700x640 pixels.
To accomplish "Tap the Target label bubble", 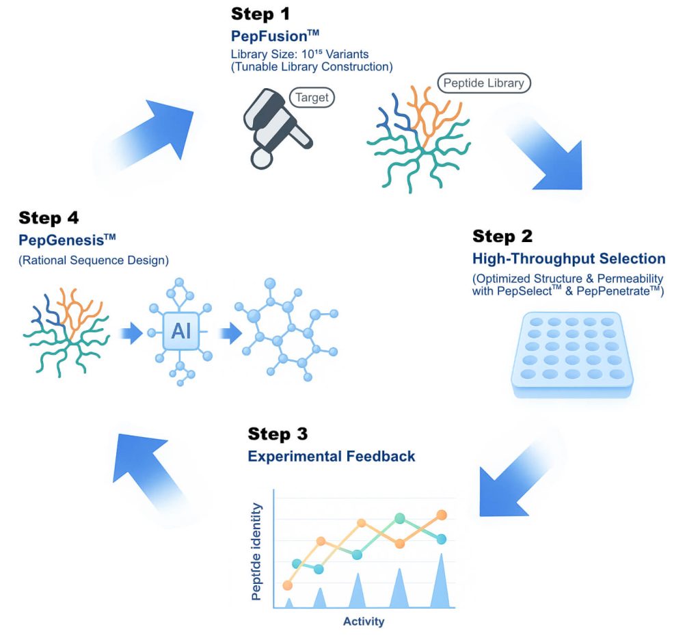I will (x=312, y=97).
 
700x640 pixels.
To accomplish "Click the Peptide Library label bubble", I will (x=484, y=83).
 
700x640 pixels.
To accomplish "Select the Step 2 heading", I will (x=502, y=237).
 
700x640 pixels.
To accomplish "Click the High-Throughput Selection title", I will (x=568, y=258).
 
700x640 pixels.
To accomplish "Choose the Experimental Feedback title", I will (x=331, y=456).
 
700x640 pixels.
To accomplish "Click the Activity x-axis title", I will (x=363, y=622).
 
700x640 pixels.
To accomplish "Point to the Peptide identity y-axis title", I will (x=256, y=551).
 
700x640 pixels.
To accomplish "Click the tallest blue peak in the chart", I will (x=441, y=581).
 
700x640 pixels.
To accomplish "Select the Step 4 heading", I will (x=49, y=218).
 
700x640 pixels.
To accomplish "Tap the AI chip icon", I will (x=181, y=332).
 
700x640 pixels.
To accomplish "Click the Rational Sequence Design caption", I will (x=94, y=260).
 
